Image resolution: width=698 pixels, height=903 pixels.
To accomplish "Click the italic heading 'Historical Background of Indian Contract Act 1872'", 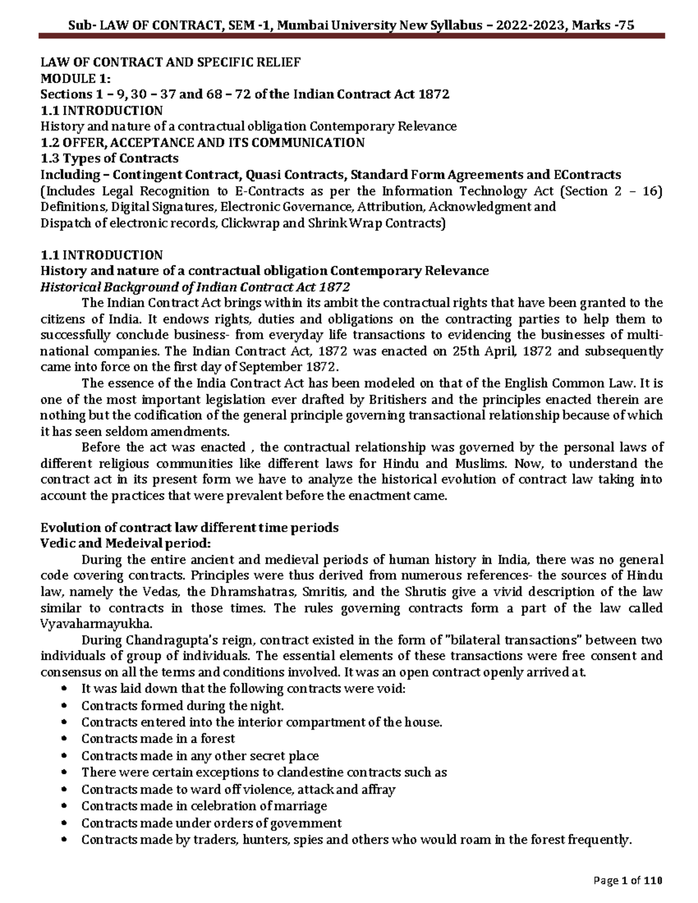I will point(194,287).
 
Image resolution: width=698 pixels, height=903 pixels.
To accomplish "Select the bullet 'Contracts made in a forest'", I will point(158,738).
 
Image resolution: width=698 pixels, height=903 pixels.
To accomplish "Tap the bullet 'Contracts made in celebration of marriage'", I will point(204,806).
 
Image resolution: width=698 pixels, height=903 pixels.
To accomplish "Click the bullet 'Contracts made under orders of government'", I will point(211,823).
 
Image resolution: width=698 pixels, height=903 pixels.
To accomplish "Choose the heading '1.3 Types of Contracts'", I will point(109,159).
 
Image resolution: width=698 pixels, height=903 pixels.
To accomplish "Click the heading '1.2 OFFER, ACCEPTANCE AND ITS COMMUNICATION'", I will point(202,142).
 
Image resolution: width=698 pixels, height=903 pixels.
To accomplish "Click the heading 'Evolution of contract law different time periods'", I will point(188,527).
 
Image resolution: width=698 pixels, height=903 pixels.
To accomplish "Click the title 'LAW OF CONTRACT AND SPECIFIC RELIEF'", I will point(170,62).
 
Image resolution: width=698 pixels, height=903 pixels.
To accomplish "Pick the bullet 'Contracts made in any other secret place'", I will point(200,756).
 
